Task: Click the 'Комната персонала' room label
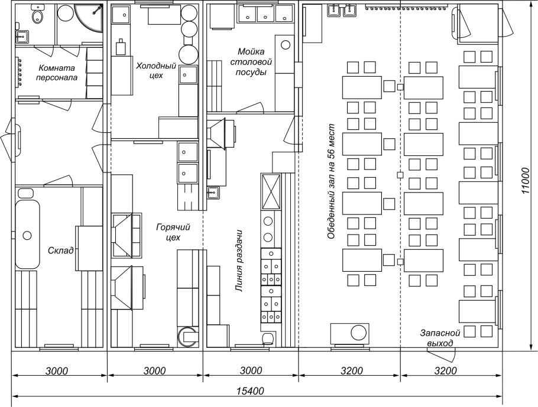coord(57,72)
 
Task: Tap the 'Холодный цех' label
coord(156,70)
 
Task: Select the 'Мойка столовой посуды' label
coord(251,62)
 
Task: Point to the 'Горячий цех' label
coord(173,232)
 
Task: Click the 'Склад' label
coord(61,250)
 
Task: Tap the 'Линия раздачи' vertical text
coord(239,261)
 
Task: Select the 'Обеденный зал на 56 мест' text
coord(330,182)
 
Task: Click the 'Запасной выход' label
coord(440,338)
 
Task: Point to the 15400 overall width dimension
coord(250,390)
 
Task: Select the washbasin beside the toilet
coord(22,36)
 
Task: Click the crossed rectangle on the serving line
coord(271,191)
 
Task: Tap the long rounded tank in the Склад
coord(27,235)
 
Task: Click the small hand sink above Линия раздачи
coord(214,193)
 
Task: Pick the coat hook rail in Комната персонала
coord(19,71)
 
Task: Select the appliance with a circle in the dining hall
coord(350,332)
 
